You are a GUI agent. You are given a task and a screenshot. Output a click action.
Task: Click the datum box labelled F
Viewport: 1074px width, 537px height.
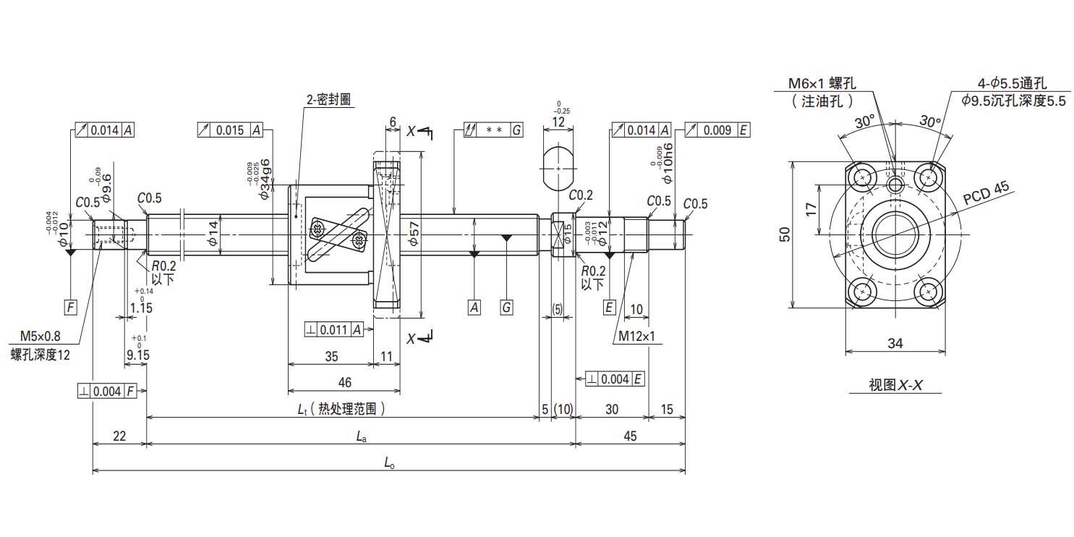point(70,308)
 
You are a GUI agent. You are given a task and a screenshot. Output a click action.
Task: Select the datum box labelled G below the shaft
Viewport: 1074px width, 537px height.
point(506,308)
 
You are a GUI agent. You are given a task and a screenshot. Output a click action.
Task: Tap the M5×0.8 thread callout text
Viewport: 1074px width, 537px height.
point(40,336)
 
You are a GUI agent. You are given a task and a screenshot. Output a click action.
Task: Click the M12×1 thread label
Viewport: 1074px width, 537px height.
point(636,336)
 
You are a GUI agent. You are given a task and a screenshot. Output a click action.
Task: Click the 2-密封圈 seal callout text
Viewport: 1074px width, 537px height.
point(329,100)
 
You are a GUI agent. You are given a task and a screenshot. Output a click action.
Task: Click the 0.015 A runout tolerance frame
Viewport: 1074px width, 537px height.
point(230,130)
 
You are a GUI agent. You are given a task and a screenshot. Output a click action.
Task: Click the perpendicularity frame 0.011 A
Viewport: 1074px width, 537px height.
point(333,329)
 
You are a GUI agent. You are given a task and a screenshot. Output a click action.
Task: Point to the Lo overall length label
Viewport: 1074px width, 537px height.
point(389,464)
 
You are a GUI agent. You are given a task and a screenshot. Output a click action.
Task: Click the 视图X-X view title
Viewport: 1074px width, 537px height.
point(895,385)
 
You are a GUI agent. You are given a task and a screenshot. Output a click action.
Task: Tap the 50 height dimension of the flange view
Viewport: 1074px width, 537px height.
point(785,233)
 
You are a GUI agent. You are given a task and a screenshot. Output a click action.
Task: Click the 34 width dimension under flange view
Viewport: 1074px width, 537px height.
point(895,344)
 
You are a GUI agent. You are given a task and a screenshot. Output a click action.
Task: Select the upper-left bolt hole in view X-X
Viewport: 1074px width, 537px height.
point(863,177)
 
